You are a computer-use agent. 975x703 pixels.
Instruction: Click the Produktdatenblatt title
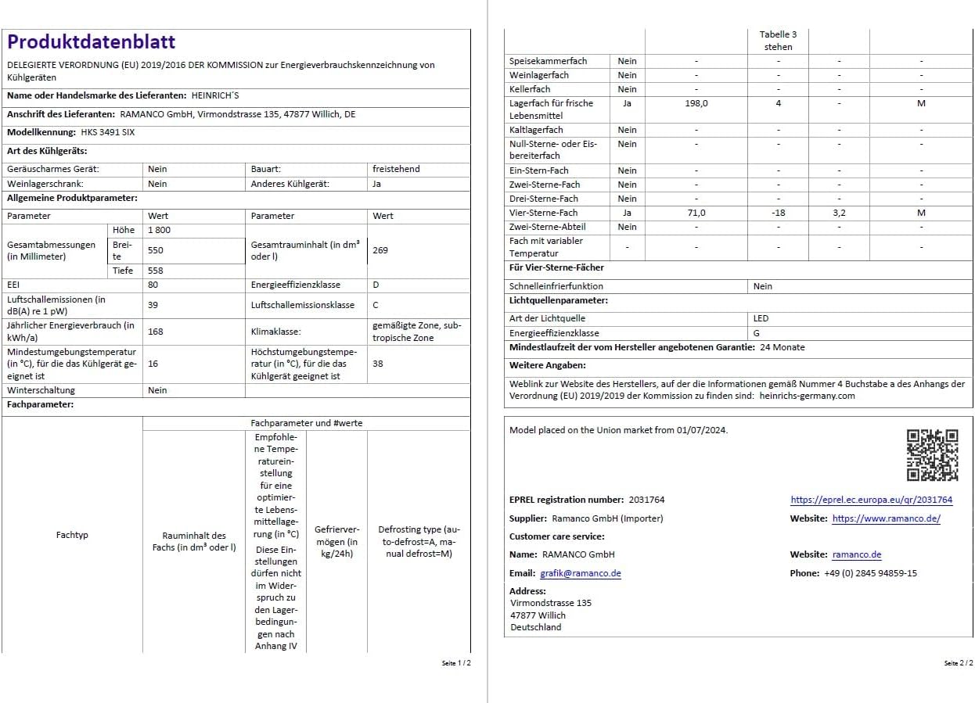tap(92, 42)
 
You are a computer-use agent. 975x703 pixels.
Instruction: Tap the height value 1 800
tap(159, 230)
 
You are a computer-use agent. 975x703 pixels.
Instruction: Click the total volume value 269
tap(380, 250)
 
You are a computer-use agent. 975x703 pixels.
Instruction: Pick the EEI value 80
tap(153, 285)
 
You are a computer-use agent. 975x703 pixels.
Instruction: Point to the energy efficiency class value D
tap(376, 285)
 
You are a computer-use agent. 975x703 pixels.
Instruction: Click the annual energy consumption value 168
tap(155, 332)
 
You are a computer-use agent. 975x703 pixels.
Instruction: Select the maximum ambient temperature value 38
tap(378, 364)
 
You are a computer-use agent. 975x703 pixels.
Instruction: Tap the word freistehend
tap(396, 169)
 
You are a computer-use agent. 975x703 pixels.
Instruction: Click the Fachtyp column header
tap(72, 535)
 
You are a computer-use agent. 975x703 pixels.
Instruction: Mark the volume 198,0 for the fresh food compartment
tap(696, 103)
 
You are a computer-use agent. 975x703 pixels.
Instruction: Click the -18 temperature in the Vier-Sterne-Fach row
tap(778, 213)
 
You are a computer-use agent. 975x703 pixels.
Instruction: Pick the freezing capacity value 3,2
tap(839, 213)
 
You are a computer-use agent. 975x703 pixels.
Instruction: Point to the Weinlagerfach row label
tap(539, 75)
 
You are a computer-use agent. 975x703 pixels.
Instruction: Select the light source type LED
tap(761, 318)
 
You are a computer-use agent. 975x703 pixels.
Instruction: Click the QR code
tap(932, 454)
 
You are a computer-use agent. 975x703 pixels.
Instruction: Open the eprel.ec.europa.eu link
tap(871, 500)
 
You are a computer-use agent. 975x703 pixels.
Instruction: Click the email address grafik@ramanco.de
tap(581, 573)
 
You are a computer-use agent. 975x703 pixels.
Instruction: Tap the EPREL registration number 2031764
tap(646, 500)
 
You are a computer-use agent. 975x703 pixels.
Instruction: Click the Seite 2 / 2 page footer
tap(958, 663)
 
